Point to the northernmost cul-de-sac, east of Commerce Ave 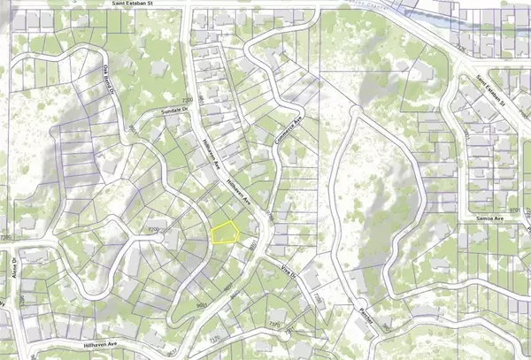tap(354, 112)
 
